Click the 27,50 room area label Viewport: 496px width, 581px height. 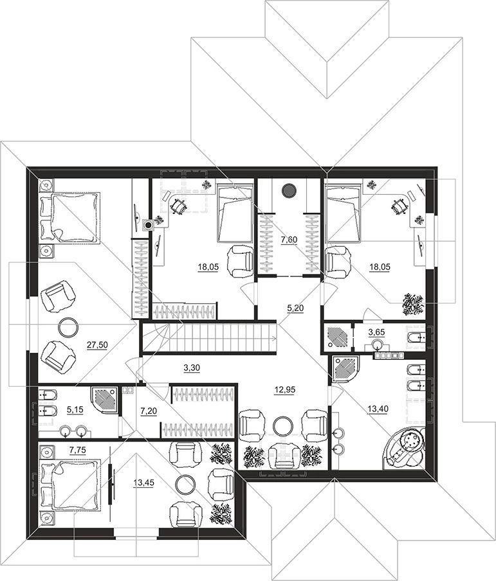[x=97, y=345]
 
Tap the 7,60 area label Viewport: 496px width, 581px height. [x=289, y=240]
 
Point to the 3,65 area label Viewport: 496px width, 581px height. [x=376, y=332]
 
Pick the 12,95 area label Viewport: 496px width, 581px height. [x=284, y=390]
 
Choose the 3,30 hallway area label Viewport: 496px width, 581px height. [x=192, y=368]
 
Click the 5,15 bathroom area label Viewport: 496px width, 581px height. [x=75, y=410]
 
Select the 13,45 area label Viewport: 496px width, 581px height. [x=143, y=483]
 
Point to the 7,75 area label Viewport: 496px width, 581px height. [x=78, y=450]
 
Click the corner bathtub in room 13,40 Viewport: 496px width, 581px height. [x=404, y=447]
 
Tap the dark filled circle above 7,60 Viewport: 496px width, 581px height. [x=289, y=190]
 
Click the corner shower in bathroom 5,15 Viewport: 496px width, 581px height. [x=106, y=402]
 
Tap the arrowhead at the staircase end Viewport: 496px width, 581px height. [x=274, y=337]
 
